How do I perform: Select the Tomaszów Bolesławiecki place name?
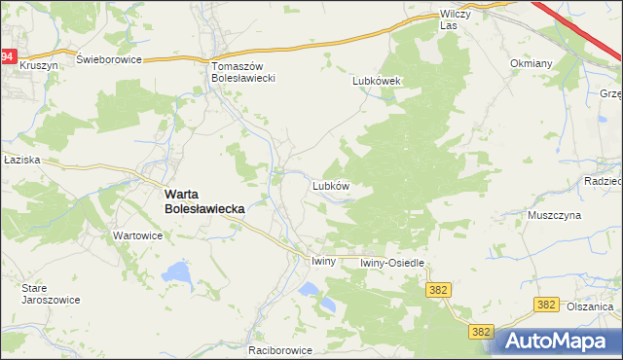(x=245, y=71)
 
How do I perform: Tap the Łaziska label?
(x=19, y=161)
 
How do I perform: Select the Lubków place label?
(x=330, y=184)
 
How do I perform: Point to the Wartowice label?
(x=137, y=235)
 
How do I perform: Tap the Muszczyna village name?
(x=554, y=215)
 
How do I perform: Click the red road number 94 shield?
(x=8, y=57)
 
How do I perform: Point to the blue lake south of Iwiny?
(x=309, y=289)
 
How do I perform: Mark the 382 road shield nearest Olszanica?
(x=546, y=306)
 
